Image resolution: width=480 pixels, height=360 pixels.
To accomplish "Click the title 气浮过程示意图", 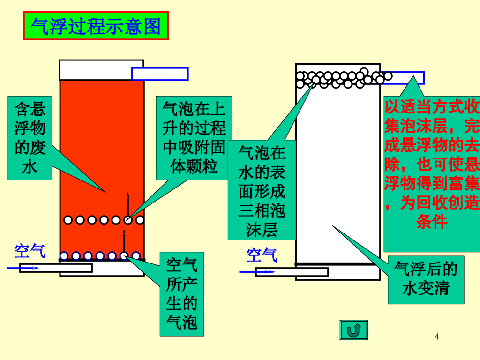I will point(96,26).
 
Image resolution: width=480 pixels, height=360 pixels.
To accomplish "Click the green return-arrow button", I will point(353,330).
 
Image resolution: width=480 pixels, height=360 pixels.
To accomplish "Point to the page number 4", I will point(437,337).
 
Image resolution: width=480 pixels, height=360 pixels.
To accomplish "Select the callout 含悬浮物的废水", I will point(30,138).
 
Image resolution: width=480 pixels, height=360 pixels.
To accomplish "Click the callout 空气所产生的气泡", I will point(182,294).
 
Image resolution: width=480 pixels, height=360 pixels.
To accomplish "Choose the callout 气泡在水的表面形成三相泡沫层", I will point(262,190).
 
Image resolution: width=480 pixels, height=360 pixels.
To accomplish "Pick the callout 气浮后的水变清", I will point(426,279).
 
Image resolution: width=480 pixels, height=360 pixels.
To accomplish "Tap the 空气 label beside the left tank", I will point(30,251).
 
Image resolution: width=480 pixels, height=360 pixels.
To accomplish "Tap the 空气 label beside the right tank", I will point(262,255).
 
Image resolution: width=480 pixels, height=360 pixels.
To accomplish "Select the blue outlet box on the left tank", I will point(160,74).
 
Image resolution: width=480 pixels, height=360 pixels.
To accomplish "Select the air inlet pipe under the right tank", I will point(300,272).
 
